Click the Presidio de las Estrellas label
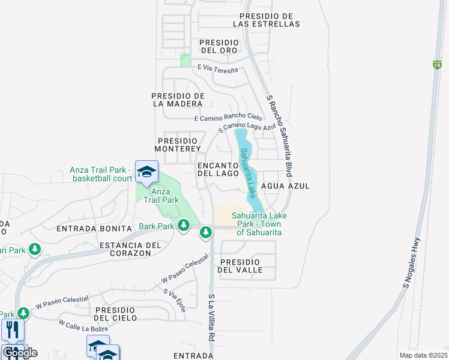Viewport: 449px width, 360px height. click(x=269, y=20)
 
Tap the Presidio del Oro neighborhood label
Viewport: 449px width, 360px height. click(x=219, y=46)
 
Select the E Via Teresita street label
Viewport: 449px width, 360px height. click(x=217, y=69)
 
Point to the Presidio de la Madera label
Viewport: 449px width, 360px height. click(x=178, y=100)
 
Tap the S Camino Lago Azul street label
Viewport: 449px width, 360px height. click(x=247, y=126)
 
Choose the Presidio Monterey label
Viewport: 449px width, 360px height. click(x=176, y=144)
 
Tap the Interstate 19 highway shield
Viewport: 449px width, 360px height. click(x=436, y=64)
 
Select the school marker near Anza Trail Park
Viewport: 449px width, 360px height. click(x=146, y=172)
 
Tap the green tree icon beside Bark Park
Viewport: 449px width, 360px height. click(x=184, y=226)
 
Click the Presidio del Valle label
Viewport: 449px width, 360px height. click(x=241, y=266)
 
